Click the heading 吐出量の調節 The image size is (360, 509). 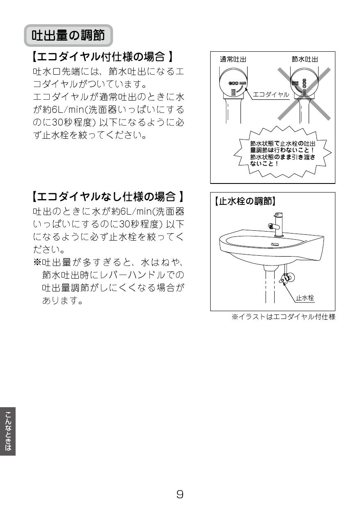coord(68,35)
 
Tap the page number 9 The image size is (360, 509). coord(180,494)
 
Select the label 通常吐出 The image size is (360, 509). coord(233,59)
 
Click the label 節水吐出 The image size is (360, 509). coord(305,59)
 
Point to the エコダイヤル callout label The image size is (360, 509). coord(271,94)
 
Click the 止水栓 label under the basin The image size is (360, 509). coord(305,298)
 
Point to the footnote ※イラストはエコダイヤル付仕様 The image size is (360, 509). coord(284,317)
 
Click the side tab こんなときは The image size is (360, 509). coord(8,431)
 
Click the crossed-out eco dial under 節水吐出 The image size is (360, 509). coord(304,84)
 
